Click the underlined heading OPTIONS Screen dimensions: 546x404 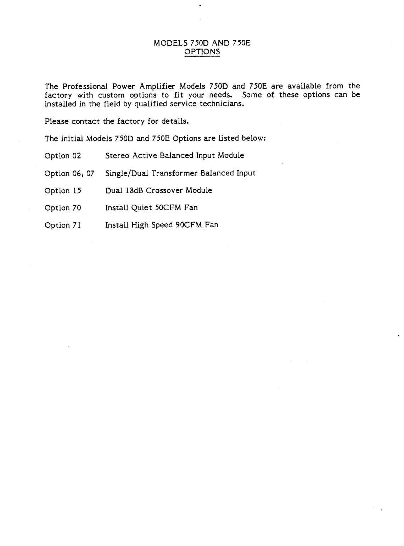[202, 52]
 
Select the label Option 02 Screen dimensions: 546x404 [63, 156]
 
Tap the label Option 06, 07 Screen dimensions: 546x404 [69, 173]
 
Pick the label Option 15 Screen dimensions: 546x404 [63, 191]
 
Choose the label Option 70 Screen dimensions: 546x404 [63, 208]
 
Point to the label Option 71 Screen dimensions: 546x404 [63, 225]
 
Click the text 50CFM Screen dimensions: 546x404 [169, 207]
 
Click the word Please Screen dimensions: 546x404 [57, 122]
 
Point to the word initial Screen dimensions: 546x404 [72, 138]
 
